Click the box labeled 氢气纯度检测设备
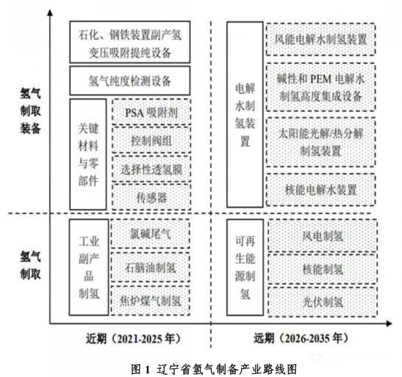(129, 81)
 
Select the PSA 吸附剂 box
(151, 111)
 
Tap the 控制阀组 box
(151, 140)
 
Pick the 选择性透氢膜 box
(151, 169)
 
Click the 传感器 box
(151, 197)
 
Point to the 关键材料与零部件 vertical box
(88, 154)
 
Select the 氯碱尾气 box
(150, 234)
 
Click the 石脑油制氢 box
(150, 267)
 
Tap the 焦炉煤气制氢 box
(150, 300)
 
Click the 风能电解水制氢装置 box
(321, 39)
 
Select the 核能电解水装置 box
(321, 189)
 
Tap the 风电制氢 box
(322, 235)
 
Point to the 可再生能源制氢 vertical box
(245, 267)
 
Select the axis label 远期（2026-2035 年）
(300, 338)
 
